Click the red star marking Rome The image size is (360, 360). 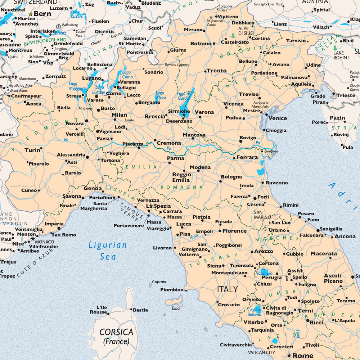coord(289,355)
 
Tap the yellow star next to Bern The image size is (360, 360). coord(31,14)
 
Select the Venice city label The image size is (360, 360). coord(278,118)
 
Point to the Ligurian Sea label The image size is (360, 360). coord(108,251)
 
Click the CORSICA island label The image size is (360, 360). coord(116,332)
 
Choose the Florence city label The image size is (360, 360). coord(234,231)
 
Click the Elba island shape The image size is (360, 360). coord(174,300)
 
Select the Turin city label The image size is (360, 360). coord(32,150)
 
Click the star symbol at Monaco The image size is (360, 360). coord(33,239)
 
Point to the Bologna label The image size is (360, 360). coord(231,177)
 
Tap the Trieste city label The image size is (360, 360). coord(346,95)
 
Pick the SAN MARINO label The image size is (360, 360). coord(262,215)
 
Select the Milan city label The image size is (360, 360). coord(119,115)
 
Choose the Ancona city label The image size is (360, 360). coord(345,237)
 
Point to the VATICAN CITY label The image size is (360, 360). coord(261,352)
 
